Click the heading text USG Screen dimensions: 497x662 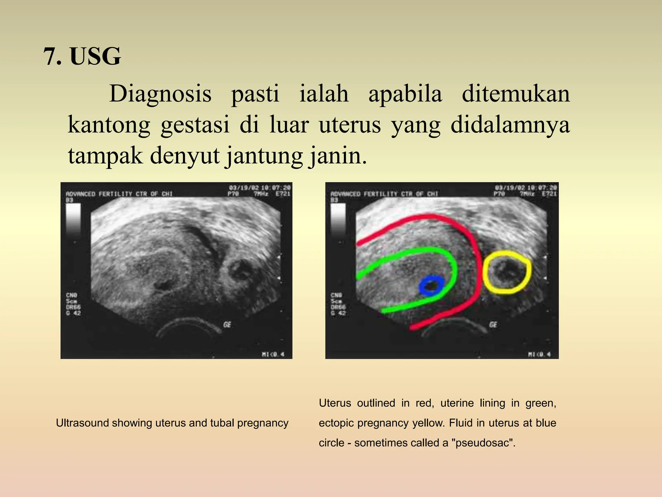[x=95, y=57]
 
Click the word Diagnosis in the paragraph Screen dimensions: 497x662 [x=160, y=94]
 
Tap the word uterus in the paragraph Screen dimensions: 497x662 [x=350, y=125]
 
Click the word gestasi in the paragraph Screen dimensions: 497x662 [x=195, y=125]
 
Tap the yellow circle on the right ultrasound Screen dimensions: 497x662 [x=507, y=272]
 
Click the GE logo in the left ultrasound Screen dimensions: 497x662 [x=227, y=324]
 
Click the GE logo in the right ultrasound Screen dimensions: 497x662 [x=493, y=324]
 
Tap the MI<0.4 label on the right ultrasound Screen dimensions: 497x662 [x=539, y=354]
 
